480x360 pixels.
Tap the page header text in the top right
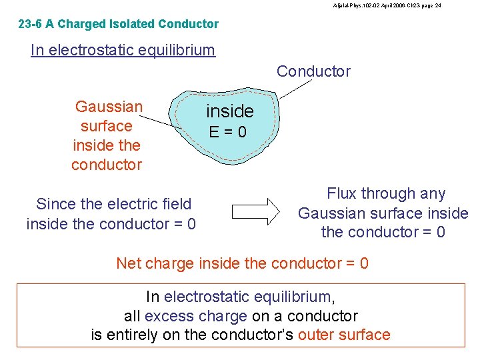[x=387, y=5]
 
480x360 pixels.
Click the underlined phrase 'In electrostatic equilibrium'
[x=123, y=50]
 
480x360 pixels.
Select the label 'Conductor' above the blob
[x=313, y=71]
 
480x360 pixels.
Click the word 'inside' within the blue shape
[x=229, y=111]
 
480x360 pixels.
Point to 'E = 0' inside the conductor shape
[x=227, y=132]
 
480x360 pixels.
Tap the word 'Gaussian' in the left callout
[x=109, y=107]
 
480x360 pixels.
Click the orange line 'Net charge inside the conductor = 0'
[x=242, y=263]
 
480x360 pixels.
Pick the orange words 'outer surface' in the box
[x=344, y=335]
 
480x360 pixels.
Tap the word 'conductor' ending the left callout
[x=107, y=165]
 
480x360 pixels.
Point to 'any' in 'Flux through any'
[x=433, y=193]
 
